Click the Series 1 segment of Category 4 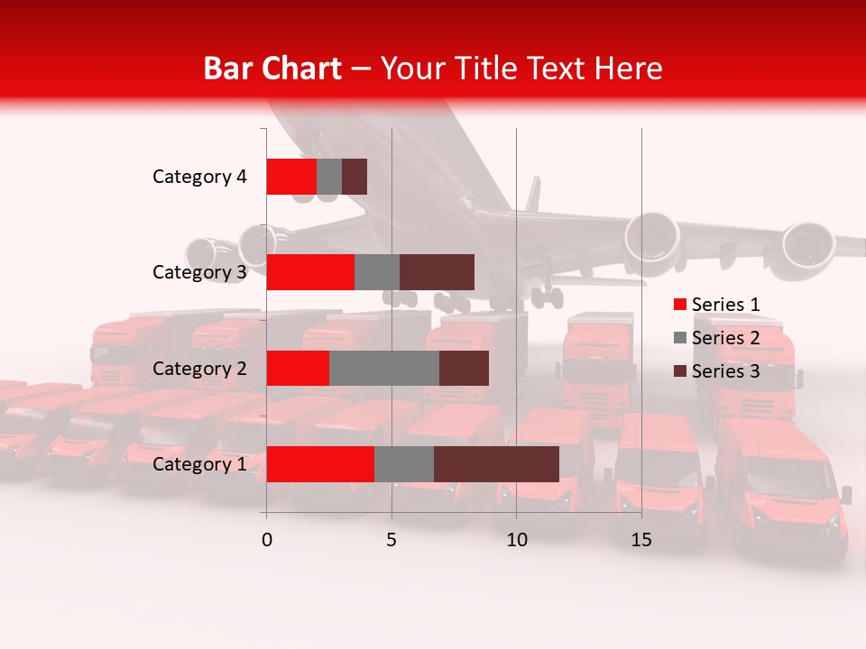[291, 177]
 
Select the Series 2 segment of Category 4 [329, 177]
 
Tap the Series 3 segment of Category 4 [355, 177]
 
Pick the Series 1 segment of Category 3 [310, 272]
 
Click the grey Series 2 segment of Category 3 [377, 272]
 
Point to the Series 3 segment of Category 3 [437, 272]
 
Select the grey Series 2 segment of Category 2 [384, 368]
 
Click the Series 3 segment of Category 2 [464, 368]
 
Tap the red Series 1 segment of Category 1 [320, 464]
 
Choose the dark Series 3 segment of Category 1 [496, 464]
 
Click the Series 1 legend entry [716, 305]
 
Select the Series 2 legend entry [716, 338]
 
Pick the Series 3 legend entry [716, 371]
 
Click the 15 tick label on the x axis [641, 541]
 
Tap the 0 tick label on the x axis [267, 541]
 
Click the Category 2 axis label [199, 369]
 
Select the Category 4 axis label [199, 177]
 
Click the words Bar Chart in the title [272, 68]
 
